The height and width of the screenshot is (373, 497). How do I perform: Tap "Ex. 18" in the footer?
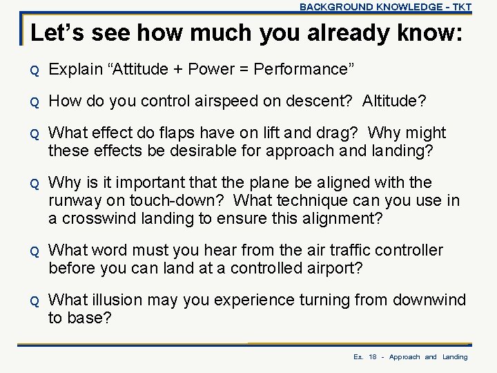364,357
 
